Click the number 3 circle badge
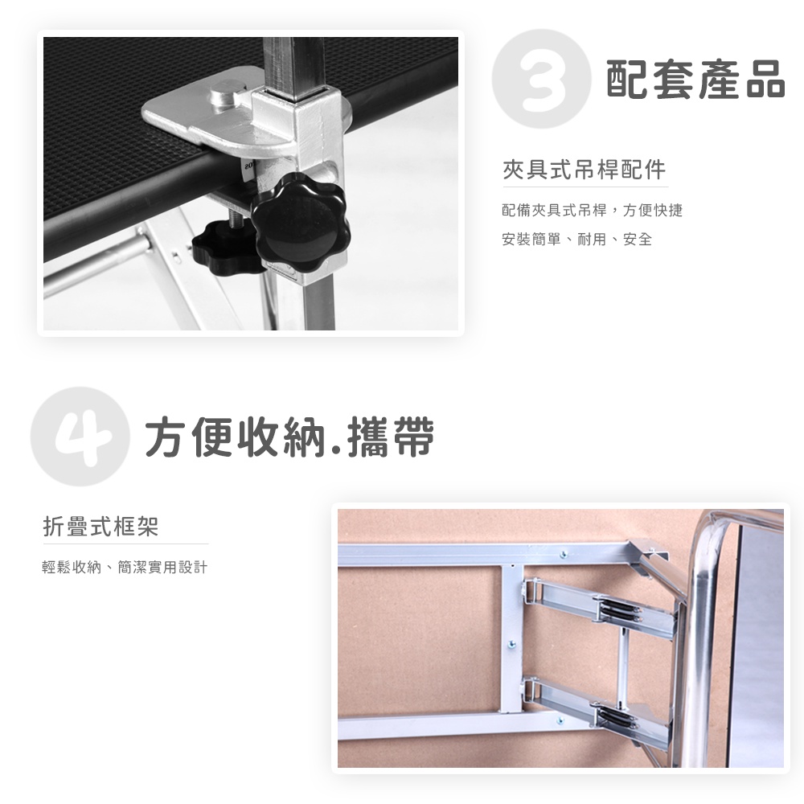click(x=541, y=79)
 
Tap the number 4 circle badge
click(x=80, y=437)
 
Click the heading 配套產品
click(x=695, y=79)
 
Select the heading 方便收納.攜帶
click(x=289, y=437)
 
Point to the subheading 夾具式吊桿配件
click(x=584, y=170)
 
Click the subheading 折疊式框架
click(x=101, y=526)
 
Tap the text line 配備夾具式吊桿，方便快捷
click(x=593, y=210)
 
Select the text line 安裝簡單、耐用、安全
click(x=576, y=239)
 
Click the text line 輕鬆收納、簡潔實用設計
click(x=125, y=567)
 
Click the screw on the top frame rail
click(x=564, y=555)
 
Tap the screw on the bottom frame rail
click(x=560, y=721)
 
